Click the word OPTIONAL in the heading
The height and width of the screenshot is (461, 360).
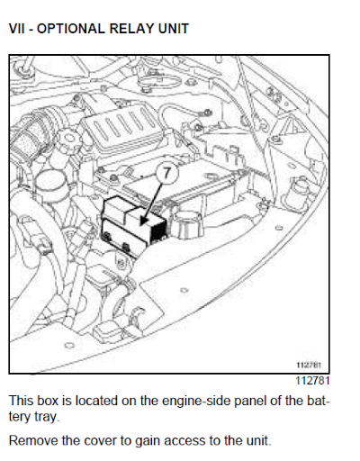point(71,29)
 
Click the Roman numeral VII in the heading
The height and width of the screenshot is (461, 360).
point(17,29)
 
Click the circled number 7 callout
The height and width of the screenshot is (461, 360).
point(166,173)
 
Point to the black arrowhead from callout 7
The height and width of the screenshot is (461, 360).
point(144,221)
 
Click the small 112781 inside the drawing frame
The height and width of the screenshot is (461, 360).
point(309,365)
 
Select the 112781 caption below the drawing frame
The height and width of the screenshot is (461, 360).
point(312,381)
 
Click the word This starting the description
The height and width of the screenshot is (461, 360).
point(21,401)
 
